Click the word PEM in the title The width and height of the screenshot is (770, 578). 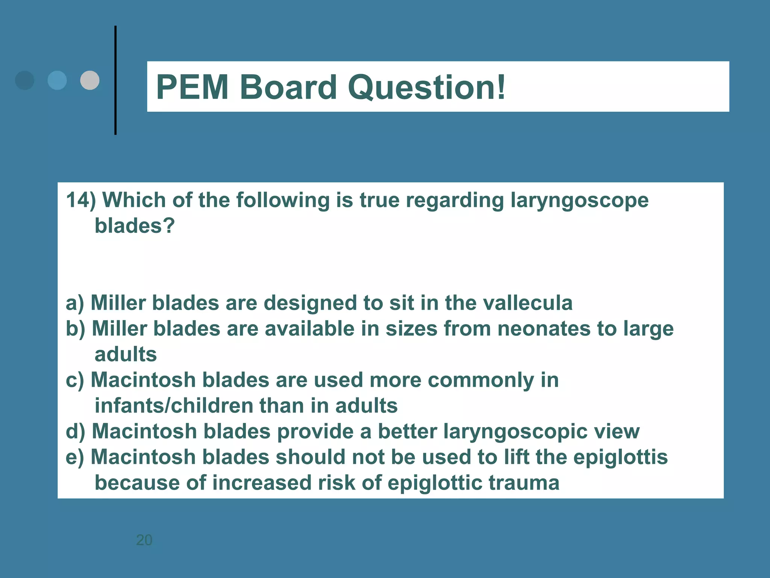pyautogui.click(x=192, y=87)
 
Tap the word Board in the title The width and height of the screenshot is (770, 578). pyautogui.click(x=288, y=87)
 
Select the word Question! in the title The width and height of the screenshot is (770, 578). pyautogui.click(x=427, y=87)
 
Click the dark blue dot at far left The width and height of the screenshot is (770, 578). pyautogui.click(x=24, y=80)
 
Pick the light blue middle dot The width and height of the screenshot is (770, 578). pyautogui.click(x=57, y=80)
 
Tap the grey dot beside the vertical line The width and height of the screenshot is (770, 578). pyautogui.click(x=90, y=80)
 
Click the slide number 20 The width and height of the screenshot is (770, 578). pyautogui.click(x=144, y=540)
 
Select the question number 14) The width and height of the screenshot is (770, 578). pyautogui.click(x=81, y=200)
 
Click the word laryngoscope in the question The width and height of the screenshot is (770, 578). pyautogui.click(x=579, y=201)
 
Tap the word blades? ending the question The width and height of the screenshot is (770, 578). pyautogui.click(x=135, y=226)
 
